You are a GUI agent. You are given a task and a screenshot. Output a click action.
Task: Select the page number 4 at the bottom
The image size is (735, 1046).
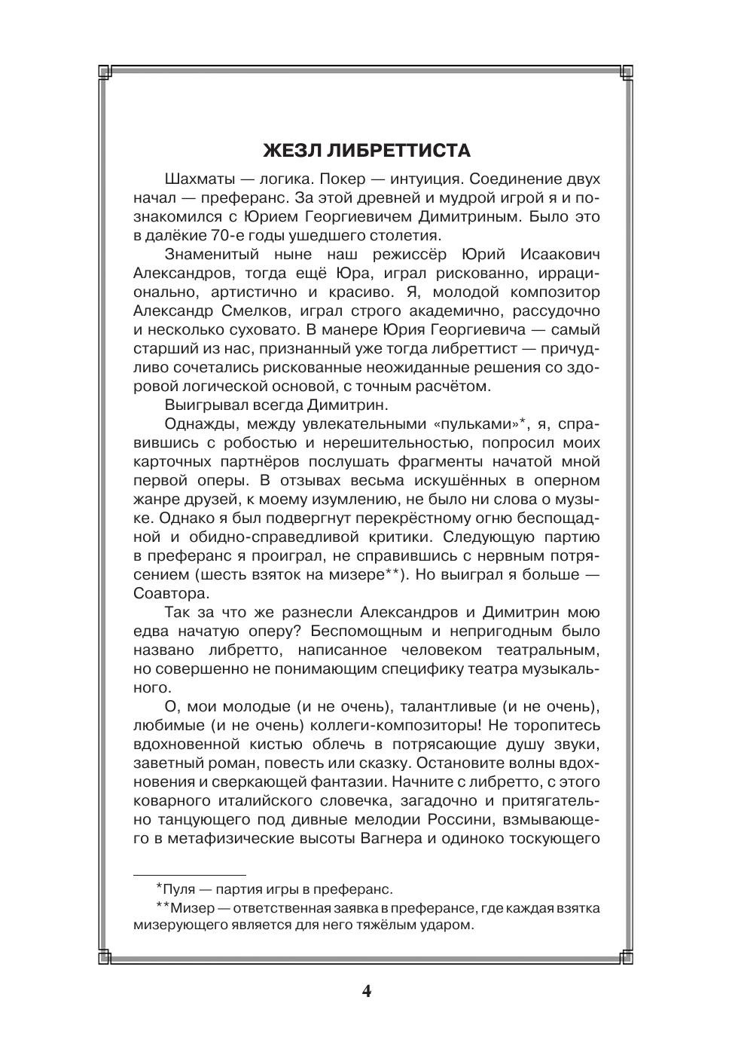coord(367,990)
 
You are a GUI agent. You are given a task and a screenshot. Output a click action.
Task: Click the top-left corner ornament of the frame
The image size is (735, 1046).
coord(105,72)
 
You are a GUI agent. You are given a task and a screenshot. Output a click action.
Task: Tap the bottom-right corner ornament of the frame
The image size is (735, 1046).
coord(627,958)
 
